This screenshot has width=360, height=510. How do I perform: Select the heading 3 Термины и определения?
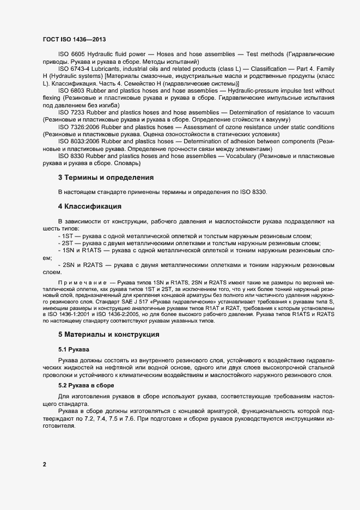(x=105, y=178)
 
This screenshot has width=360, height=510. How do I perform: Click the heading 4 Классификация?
(x=89, y=207)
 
